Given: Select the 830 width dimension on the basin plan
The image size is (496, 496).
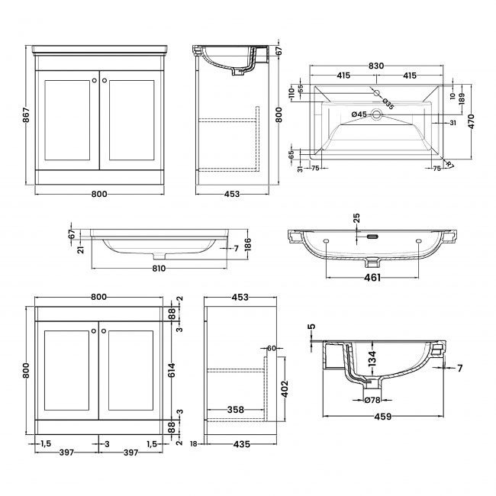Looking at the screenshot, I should [x=376, y=67].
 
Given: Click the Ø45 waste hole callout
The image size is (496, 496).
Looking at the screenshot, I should [x=359, y=114].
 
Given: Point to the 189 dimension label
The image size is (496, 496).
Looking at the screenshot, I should [x=460, y=97].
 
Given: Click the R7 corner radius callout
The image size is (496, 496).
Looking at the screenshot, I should [x=449, y=163].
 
